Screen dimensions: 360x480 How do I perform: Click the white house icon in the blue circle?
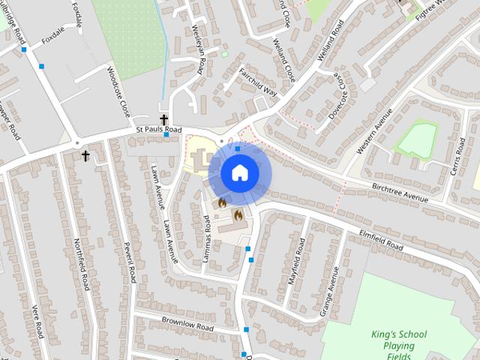[239, 173]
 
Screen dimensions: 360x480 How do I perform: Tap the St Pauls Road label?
[159, 130]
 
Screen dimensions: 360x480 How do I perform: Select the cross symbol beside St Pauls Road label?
[163, 119]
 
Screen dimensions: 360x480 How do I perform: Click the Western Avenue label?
[374, 131]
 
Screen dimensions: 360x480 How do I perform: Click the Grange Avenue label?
[329, 291]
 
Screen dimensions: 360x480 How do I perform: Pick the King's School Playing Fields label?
[398, 346]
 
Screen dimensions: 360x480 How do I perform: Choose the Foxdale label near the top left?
[53, 35]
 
